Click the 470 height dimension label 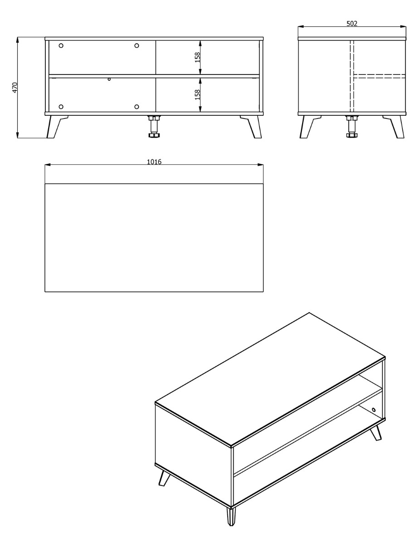point(15,88)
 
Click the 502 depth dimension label point(352,24)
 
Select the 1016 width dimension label point(154,162)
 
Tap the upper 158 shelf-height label point(197,57)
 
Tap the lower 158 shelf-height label point(197,94)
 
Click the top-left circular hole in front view point(61,46)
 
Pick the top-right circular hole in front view point(137,46)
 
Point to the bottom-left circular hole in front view point(61,107)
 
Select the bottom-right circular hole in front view point(137,107)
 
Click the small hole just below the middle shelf point(109,79)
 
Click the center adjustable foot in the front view point(155,126)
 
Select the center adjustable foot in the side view point(352,126)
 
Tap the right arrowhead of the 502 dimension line point(403,27)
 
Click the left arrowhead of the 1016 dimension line point(48,164)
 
